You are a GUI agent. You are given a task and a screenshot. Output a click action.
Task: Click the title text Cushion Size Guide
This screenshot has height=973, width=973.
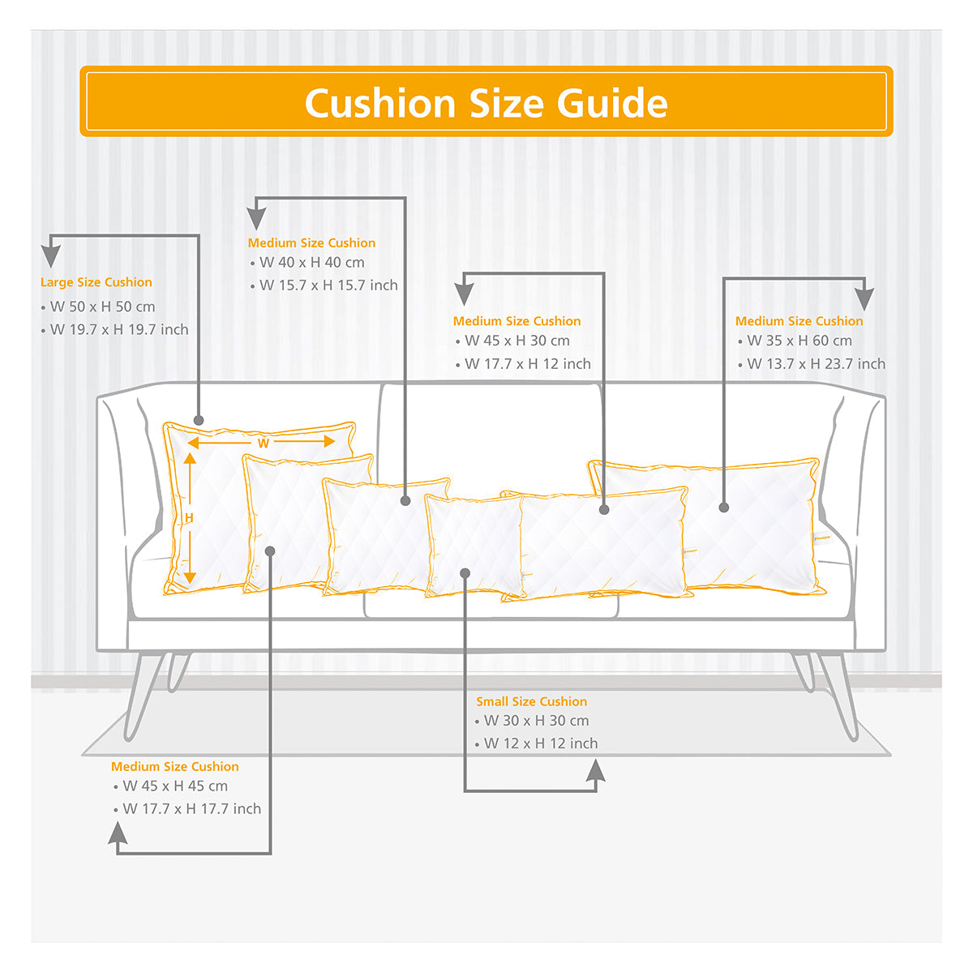[486, 103]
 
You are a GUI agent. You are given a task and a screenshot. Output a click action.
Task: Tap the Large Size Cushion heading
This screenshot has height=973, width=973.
[96, 282]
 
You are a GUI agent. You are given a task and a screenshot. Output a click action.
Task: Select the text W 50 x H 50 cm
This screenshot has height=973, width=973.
[102, 306]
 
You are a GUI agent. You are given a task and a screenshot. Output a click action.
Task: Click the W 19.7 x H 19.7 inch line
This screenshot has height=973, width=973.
[119, 329]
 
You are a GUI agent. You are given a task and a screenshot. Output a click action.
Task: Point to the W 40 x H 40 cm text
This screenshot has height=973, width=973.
[312, 263]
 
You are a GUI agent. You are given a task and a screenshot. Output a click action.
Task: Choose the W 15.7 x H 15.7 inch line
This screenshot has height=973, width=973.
[328, 285]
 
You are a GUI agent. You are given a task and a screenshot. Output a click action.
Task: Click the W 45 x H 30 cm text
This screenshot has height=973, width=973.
[517, 341]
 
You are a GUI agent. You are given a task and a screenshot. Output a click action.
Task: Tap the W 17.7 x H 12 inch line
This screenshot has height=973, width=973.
[528, 363]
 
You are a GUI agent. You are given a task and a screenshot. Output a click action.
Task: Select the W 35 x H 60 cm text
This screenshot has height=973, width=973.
[799, 341]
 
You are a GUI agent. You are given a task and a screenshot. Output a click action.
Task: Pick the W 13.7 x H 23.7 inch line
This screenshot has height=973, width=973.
[816, 363]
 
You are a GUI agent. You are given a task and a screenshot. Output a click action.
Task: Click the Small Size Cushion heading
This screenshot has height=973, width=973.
[532, 702]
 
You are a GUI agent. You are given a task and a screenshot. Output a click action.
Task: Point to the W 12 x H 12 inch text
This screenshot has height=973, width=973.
[541, 744]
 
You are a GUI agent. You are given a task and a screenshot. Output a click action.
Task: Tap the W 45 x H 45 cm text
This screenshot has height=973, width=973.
[175, 787]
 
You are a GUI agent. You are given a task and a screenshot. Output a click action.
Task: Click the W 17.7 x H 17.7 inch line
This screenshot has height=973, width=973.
[192, 809]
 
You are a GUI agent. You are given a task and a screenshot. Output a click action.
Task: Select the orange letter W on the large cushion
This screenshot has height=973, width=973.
[263, 444]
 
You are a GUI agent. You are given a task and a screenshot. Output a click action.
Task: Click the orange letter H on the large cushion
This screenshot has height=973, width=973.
[189, 518]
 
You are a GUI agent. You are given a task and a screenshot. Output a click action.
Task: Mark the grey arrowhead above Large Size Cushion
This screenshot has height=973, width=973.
[51, 256]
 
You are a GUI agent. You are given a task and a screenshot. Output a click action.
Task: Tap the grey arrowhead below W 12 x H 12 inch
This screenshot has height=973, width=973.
[596, 771]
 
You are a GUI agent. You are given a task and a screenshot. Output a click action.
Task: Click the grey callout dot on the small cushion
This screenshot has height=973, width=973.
[465, 573]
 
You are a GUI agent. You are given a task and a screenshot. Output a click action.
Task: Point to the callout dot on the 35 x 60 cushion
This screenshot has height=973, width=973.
[723, 508]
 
